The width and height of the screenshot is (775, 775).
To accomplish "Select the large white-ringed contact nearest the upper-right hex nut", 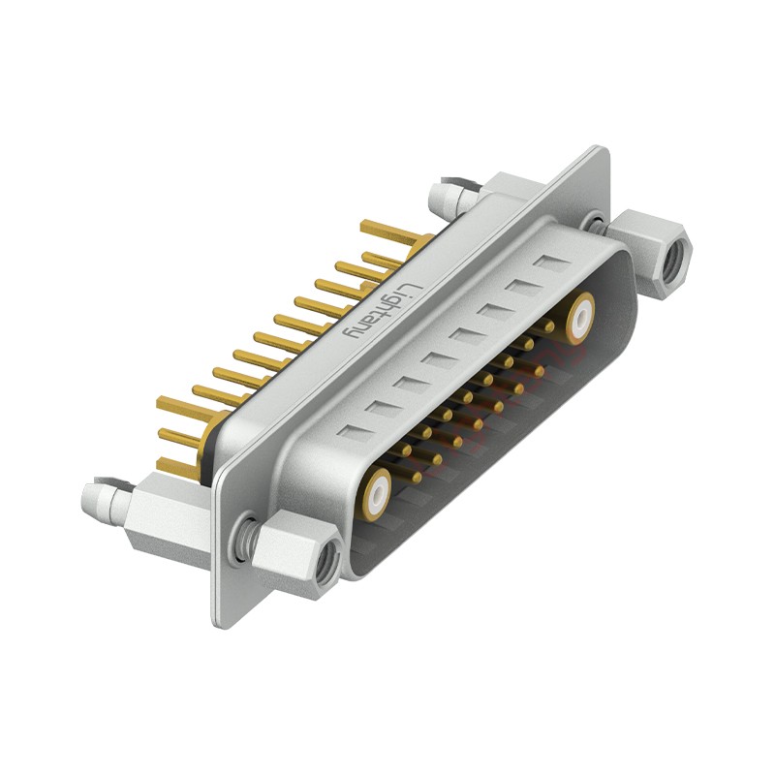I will (581, 316).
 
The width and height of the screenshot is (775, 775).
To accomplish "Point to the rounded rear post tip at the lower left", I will (97, 496).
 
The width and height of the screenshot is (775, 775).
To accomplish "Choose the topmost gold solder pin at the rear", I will (392, 232).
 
